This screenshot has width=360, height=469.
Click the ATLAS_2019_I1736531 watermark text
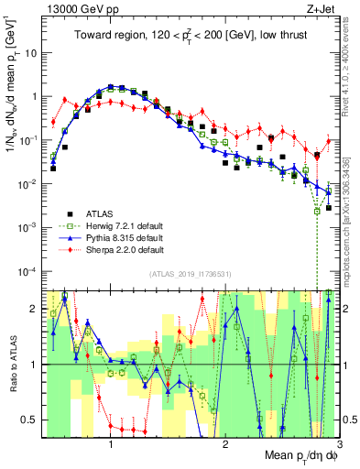tap(190, 274)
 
